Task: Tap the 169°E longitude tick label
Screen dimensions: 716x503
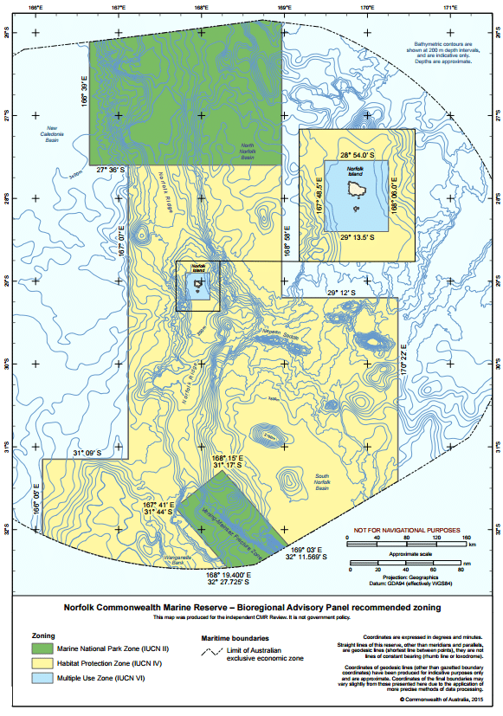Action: pos(284,8)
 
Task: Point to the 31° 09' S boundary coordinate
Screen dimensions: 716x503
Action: pos(87,453)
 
